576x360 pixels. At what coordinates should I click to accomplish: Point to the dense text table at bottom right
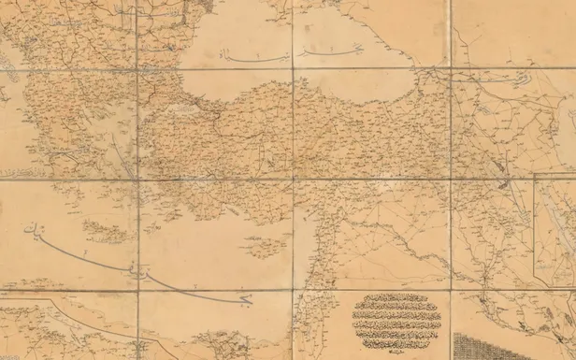513,345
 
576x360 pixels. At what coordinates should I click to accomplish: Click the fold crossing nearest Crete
137,180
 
